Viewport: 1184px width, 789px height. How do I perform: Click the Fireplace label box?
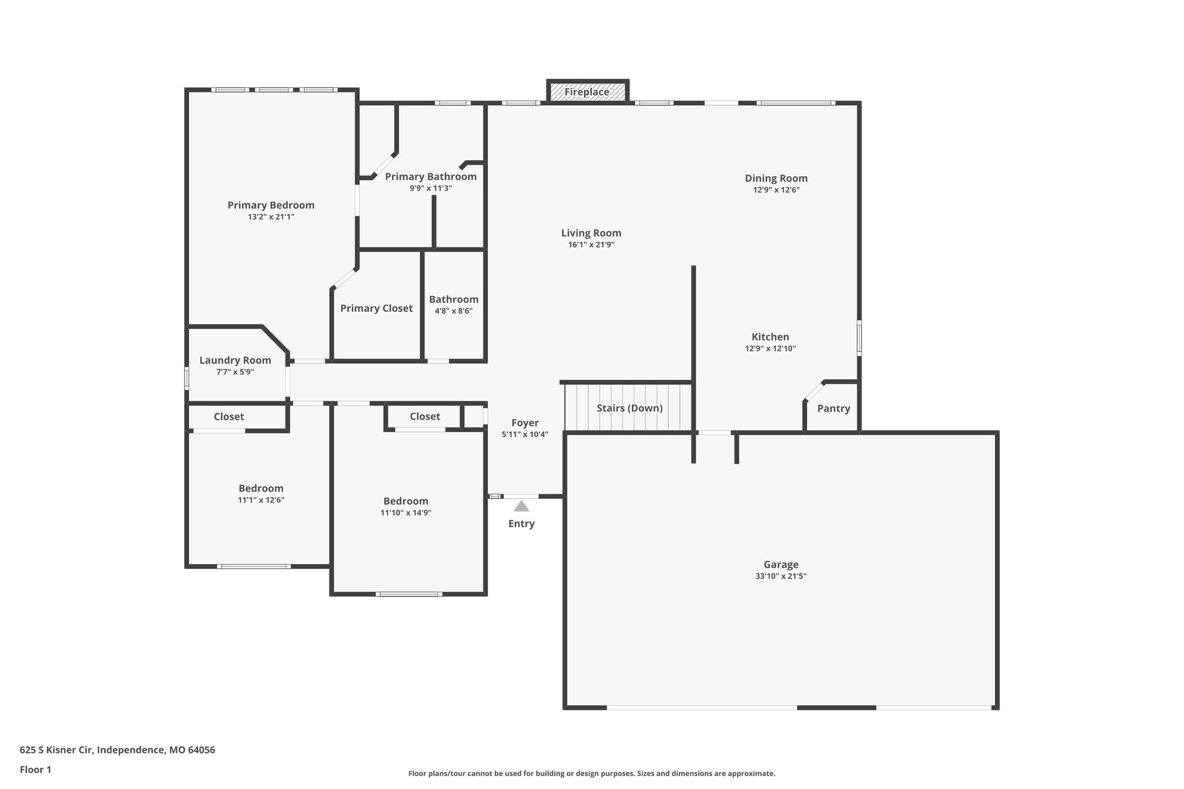pos(587,92)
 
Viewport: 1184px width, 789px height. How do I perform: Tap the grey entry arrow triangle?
pos(521,506)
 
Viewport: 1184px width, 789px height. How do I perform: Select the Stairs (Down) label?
pos(629,408)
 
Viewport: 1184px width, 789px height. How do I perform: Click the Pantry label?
pos(833,409)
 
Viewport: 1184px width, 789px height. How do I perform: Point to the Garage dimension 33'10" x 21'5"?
pos(780,576)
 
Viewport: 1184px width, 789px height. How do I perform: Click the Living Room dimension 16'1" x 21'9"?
pos(591,245)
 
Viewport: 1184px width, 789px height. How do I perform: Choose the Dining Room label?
pos(776,179)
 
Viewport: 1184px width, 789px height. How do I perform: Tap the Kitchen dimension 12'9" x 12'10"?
pos(770,349)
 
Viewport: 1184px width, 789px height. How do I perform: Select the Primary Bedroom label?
pos(271,205)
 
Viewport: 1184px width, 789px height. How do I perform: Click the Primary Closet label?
pos(376,309)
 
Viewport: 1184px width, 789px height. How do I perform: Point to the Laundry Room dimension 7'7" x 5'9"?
pos(235,372)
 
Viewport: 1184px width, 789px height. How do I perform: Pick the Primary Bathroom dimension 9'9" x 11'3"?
pos(430,188)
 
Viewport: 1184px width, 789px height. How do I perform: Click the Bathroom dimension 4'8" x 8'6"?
pos(453,311)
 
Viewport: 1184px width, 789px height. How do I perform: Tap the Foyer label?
pos(524,423)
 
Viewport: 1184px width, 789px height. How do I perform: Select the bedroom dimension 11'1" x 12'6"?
pos(261,500)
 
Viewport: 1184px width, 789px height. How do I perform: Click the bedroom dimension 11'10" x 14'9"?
pos(405,513)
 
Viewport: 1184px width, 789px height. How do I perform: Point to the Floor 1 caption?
pos(35,770)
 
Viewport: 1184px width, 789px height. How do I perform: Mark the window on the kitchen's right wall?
pos(859,338)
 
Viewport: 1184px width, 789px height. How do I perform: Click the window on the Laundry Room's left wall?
pos(187,379)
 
